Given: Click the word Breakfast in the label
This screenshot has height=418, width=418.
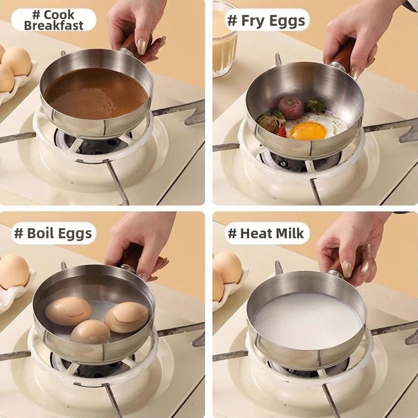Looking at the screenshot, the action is tap(53, 26).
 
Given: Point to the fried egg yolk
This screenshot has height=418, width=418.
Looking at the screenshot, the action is tap(308, 131).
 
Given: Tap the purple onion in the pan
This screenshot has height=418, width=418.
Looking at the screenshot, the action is tap(291, 107).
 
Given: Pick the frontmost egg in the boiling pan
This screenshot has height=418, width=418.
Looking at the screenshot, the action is tap(90, 331).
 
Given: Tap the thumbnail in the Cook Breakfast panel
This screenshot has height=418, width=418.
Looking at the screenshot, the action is tap(142, 47).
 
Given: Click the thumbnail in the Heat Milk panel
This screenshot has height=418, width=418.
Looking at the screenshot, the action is tap(347, 269).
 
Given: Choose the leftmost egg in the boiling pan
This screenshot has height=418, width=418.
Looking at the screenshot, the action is tap(69, 311).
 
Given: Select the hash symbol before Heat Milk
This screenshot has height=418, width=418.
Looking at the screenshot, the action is tap(232, 233).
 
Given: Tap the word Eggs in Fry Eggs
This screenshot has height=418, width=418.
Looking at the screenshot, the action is tap(287, 21).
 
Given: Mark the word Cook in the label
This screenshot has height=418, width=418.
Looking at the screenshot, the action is tap(59, 15).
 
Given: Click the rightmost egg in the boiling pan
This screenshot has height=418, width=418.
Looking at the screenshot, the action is tap(127, 317).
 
